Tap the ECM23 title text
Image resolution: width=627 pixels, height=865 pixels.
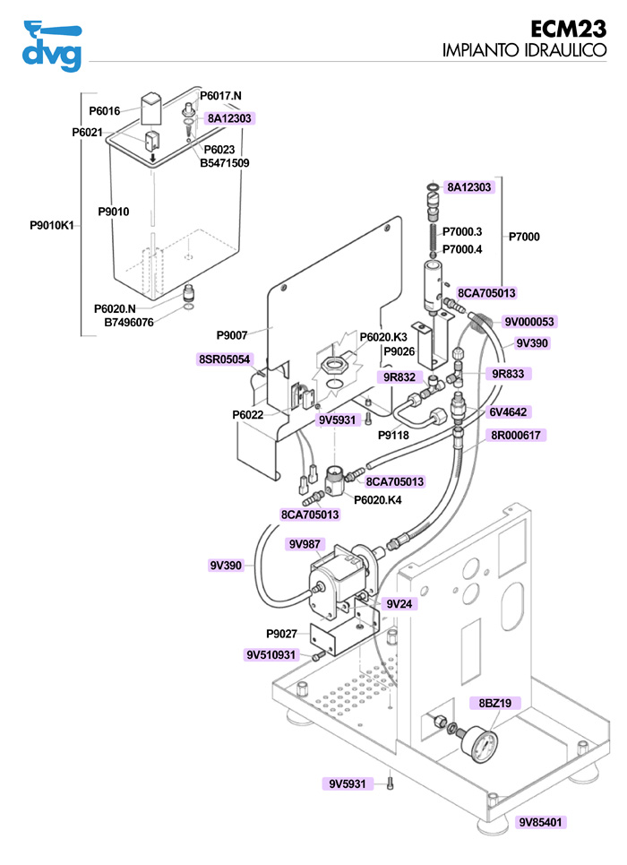[x=569, y=28]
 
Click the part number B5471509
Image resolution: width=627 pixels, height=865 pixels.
[x=224, y=163]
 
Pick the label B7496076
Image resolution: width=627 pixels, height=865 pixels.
[x=129, y=323]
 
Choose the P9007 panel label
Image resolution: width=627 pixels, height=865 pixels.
[x=232, y=335]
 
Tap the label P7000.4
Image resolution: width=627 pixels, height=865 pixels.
[x=462, y=249]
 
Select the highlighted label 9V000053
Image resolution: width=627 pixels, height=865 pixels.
[x=529, y=322]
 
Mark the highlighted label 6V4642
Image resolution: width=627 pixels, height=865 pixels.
[x=507, y=412]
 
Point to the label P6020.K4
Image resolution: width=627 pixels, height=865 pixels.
[x=378, y=500]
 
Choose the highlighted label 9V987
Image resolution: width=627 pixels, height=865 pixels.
[x=304, y=544]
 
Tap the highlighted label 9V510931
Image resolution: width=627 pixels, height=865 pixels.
[x=271, y=655]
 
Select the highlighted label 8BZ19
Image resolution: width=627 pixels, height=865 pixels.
[x=494, y=704]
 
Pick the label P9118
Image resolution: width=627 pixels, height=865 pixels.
[x=393, y=435]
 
